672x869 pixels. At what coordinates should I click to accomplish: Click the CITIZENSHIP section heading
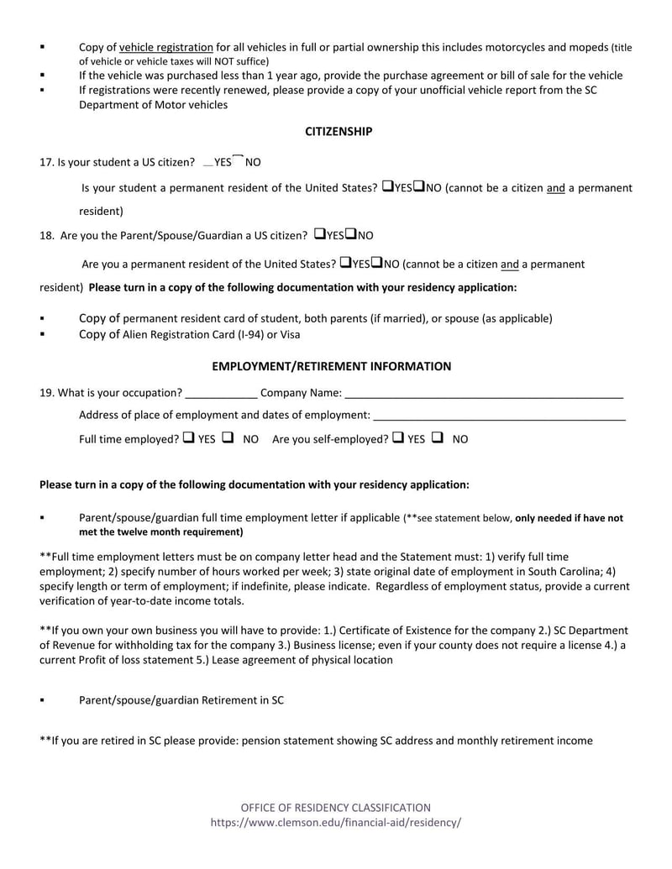338,132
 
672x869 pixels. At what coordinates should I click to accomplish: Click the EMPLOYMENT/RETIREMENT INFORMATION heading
331,366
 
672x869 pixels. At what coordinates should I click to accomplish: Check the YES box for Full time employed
188,437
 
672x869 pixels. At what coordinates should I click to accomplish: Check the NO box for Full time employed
228,437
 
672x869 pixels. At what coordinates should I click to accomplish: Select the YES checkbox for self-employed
397,437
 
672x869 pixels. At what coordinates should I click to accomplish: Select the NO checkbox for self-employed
437,437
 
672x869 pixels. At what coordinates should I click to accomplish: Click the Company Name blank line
484,393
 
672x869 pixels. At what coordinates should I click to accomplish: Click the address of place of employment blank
499,415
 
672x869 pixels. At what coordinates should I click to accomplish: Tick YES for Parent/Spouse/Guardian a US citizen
319,234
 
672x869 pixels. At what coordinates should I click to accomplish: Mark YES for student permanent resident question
387,186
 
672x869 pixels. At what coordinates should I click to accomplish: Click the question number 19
47,393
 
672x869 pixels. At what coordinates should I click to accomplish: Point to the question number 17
47,163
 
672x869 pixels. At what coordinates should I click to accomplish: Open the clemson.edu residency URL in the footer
336,823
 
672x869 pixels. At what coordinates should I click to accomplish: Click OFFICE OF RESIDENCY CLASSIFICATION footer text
336,808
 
